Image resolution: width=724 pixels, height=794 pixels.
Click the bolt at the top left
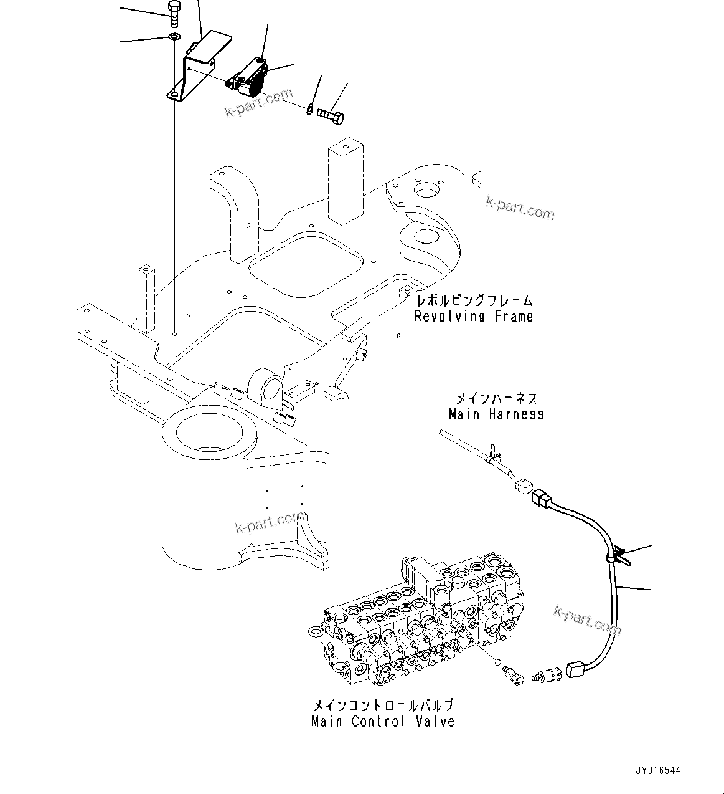[174, 13]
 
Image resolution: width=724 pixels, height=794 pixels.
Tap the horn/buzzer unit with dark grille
[248, 79]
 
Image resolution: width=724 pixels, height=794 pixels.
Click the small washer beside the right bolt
[309, 110]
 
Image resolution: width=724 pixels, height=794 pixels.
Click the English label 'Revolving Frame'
[474, 316]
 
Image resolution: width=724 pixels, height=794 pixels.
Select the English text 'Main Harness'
[496, 414]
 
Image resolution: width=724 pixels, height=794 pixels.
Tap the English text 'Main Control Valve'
[383, 722]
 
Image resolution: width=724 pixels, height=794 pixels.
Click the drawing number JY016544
[659, 771]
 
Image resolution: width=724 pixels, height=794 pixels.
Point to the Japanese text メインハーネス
[496, 398]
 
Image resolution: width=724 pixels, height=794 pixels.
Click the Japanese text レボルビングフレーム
[474, 301]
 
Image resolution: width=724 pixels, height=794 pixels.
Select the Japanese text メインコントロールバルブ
[383, 706]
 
